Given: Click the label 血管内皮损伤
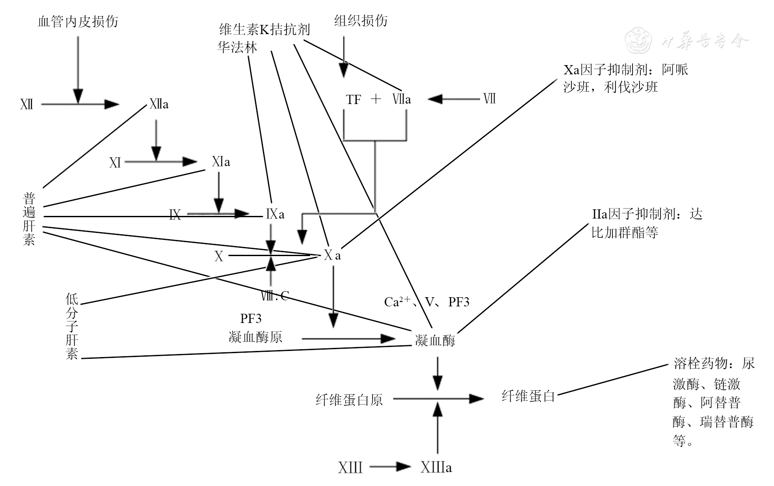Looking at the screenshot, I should (78, 21).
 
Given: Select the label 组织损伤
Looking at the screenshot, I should (361, 21).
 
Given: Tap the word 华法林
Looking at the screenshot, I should (237, 47).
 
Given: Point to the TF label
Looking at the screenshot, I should (353, 100).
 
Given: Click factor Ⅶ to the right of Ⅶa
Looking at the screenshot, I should (489, 99).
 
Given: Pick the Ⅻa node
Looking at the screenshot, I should (159, 104).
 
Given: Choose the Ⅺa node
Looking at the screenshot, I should (221, 162).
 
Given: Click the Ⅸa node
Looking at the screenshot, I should (275, 214).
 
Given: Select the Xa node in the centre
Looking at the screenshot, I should (332, 256).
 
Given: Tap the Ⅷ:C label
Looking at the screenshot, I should (275, 296).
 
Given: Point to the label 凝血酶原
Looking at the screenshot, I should (256, 337).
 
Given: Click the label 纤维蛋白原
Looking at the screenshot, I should (349, 400).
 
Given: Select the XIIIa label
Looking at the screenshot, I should (436, 468).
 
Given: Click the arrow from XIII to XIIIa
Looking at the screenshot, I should (390, 467).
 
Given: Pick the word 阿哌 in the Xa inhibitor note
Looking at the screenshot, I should (675, 70).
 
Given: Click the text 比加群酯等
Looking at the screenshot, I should (625, 233).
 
